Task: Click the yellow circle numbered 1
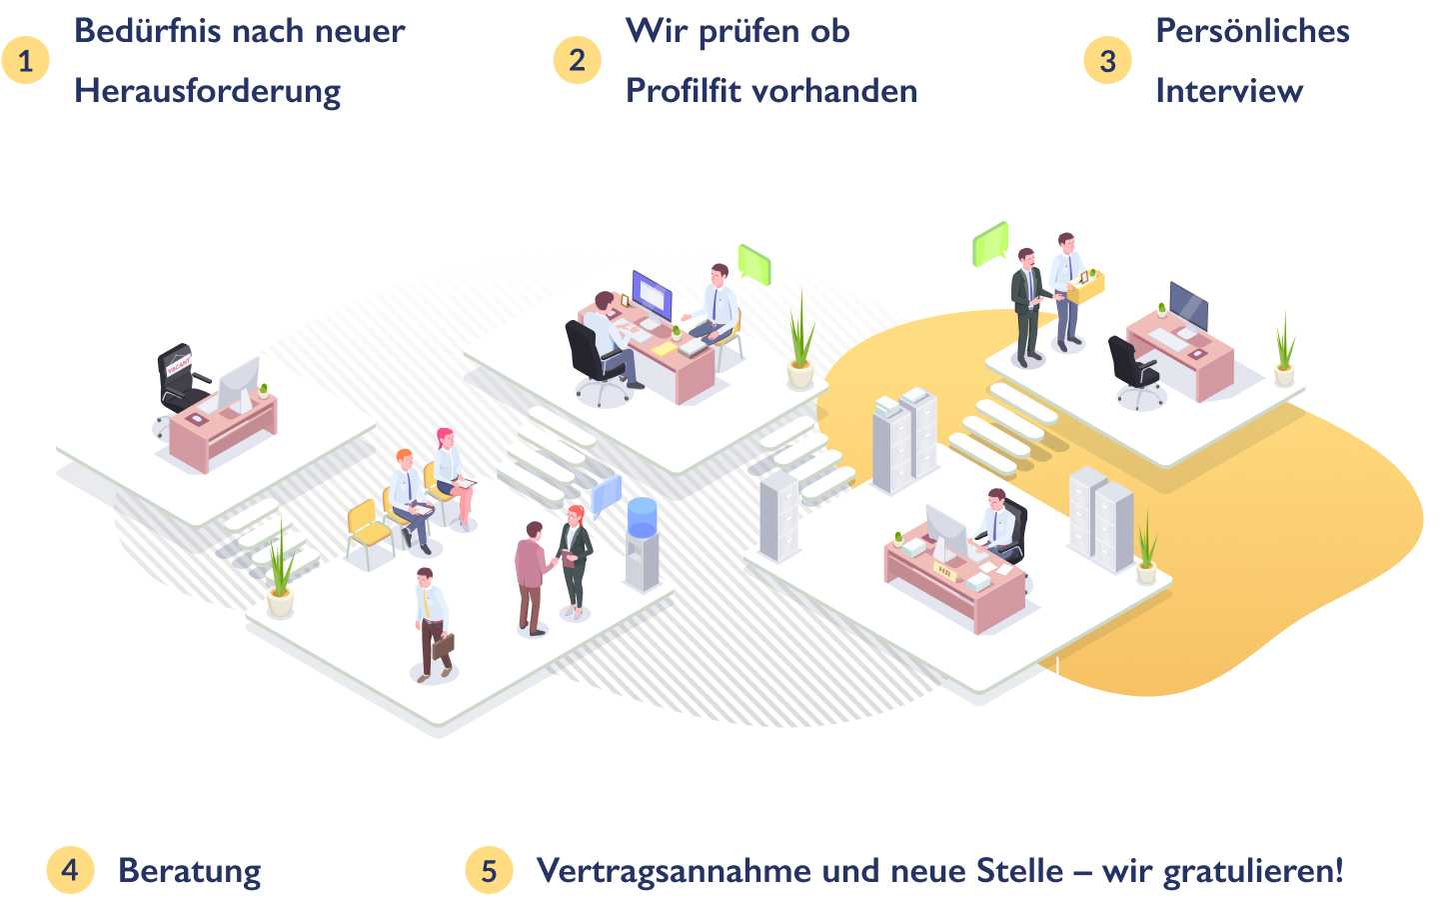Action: click(x=25, y=61)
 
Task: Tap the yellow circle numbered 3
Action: click(x=1107, y=60)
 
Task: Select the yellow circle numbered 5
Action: click(x=489, y=870)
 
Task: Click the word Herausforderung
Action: click(x=208, y=92)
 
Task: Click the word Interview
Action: click(x=1229, y=91)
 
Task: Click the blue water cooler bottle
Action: click(x=642, y=518)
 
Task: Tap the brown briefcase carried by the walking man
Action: click(x=443, y=646)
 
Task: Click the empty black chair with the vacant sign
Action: click(x=181, y=379)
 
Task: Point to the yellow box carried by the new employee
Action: click(x=1085, y=287)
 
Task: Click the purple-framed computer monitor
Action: click(x=652, y=296)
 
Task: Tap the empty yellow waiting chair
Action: click(x=369, y=530)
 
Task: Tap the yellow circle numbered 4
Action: click(x=70, y=870)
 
